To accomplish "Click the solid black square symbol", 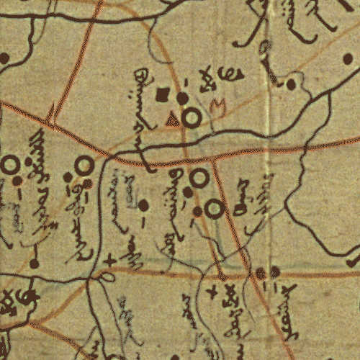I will pyautogui.click(x=163, y=94).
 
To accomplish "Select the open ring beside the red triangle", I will pyautogui.click(x=191, y=118).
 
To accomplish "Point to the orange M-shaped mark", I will pyautogui.click(x=217, y=107).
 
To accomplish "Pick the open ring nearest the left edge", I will pyautogui.click(x=9, y=166).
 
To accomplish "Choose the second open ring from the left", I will pyautogui.click(x=84, y=166).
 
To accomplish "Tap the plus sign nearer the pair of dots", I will pyautogui.click(x=211, y=292).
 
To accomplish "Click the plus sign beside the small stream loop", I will pyautogui.click(x=109, y=261).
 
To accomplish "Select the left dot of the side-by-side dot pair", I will pyautogui.click(x=261, y=273).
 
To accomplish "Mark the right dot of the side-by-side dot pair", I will pyautogui.click(x=274, y=272).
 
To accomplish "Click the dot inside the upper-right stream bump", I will pyautogui.click(x=291, y=84).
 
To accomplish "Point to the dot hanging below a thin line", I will pyautogui.click(x=34, y=264).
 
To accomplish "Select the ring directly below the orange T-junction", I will pyautogui.click(x=199, y=177).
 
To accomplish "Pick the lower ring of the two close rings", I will pyautogui.click(x=214, y=209).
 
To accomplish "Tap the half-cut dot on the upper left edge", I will pyautogui.click(x=4, y=58).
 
